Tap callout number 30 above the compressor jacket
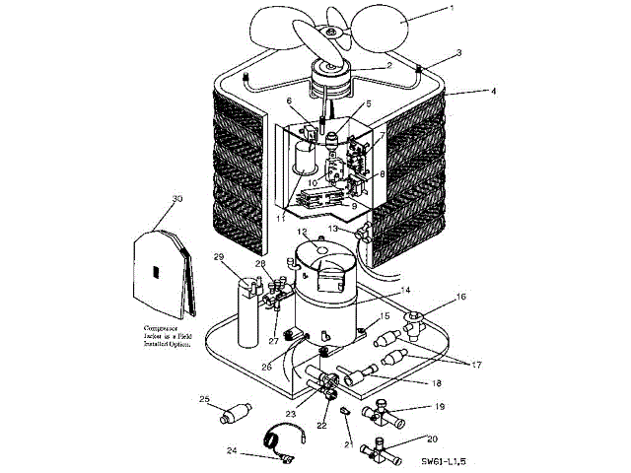(x=177, y=198)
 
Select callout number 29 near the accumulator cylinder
(x=219, y=259)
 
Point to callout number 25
(x=205, y=399)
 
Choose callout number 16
(x=460, y=296)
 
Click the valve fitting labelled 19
(x=384, y=413)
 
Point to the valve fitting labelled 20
(x=383, y=452)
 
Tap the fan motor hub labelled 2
(x=327, y=70)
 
